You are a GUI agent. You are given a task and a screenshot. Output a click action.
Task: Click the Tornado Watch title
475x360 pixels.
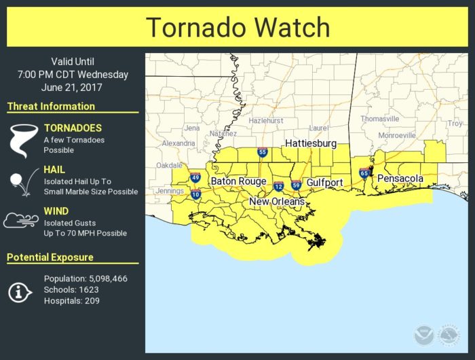pos(237,28)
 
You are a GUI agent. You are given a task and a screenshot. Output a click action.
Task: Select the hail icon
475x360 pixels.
pos(20,181)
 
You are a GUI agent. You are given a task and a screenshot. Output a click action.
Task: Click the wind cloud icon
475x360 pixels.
pos(20,221)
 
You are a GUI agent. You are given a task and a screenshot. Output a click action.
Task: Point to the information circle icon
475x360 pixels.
pos(19,291)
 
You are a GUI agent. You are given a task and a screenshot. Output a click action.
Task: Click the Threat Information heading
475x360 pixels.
pos(51,107)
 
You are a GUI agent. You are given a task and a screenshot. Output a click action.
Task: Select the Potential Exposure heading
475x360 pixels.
pos(50,257)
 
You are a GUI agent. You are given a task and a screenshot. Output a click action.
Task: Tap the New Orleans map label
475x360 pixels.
pos(277,202)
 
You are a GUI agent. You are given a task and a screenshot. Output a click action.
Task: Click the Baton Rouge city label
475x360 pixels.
pos(238,181)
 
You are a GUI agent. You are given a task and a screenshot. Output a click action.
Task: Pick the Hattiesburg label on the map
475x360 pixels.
pos(311,144)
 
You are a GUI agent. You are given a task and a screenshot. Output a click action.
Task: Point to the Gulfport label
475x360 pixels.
pos(324,183)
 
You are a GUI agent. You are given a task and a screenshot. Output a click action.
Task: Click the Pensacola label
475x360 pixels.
pos(400,179)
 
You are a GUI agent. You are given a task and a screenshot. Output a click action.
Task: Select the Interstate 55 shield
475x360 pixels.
pos(262,153)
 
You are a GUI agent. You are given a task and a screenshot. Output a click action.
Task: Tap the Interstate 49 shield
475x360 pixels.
pos(195,178)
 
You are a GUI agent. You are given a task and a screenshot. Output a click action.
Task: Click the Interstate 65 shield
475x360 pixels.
pos(364,174)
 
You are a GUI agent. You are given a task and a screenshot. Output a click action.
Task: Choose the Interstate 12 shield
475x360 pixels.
pos(278,186)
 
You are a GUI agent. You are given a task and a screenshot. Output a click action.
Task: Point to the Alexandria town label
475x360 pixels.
pos(178,143)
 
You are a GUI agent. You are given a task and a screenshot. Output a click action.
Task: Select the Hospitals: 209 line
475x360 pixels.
pos(72,301)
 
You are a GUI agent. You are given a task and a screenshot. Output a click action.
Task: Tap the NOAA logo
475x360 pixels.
pos(423,334)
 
